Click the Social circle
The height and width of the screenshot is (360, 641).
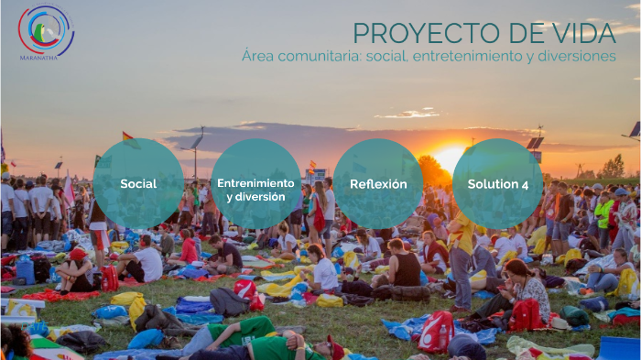[x=138, y=183]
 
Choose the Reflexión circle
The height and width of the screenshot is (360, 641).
[x=378, y=183]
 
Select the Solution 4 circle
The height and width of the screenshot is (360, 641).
[x=498, y=183]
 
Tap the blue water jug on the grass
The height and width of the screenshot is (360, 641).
[x=26, y=271]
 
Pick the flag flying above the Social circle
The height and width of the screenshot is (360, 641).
[x=128, y=137]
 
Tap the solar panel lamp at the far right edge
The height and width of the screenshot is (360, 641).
[x=634, y=130]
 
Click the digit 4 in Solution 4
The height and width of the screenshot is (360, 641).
[x=525, y=183]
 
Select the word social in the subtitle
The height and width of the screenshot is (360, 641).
[x=386, y=57]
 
